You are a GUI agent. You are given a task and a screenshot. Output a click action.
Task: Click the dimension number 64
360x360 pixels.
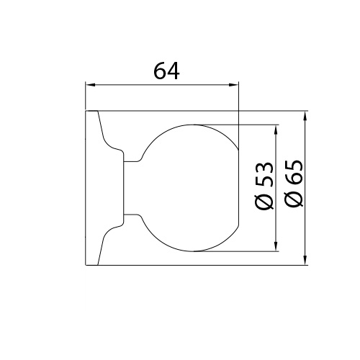tap(166, 71)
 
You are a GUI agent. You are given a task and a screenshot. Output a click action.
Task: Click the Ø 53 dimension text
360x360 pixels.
tap(264, 186)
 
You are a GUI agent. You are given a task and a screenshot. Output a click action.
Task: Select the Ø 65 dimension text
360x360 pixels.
tap(294, 183)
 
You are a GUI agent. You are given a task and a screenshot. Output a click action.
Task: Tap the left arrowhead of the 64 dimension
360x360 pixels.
tap(91, 85)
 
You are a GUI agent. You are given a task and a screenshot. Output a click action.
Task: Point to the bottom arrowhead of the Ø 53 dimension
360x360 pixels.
tap(276, 246)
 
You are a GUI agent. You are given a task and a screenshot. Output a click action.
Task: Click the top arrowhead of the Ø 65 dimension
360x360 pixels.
tap(305, 116)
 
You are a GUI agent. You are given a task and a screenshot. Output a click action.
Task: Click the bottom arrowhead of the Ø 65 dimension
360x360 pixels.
tap(305, 260)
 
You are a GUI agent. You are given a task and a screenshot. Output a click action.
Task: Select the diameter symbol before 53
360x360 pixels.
tap(264, 202)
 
